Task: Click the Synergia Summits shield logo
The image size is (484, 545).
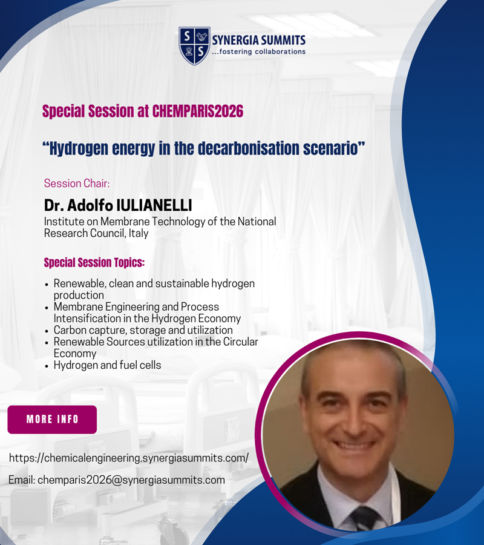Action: coord(194,45)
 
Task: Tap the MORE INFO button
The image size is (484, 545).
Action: coord(52,419)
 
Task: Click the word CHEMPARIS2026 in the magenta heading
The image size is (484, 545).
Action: coord(198,111)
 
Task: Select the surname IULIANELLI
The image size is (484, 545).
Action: coord(154,205)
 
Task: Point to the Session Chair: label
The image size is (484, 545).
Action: coord(77,183)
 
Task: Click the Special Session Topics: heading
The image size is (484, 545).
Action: coord(94,262)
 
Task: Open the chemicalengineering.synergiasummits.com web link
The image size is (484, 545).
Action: coord(129,458)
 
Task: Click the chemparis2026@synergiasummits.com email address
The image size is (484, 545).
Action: coord(131,480)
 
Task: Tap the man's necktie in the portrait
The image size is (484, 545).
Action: coord(365,519)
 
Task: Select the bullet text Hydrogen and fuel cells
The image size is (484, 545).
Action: coord(107,365)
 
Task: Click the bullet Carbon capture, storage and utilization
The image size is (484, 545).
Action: coord(143,330)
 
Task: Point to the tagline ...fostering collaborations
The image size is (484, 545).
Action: coord(259,51)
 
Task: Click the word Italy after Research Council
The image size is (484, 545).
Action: coord(139,233)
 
